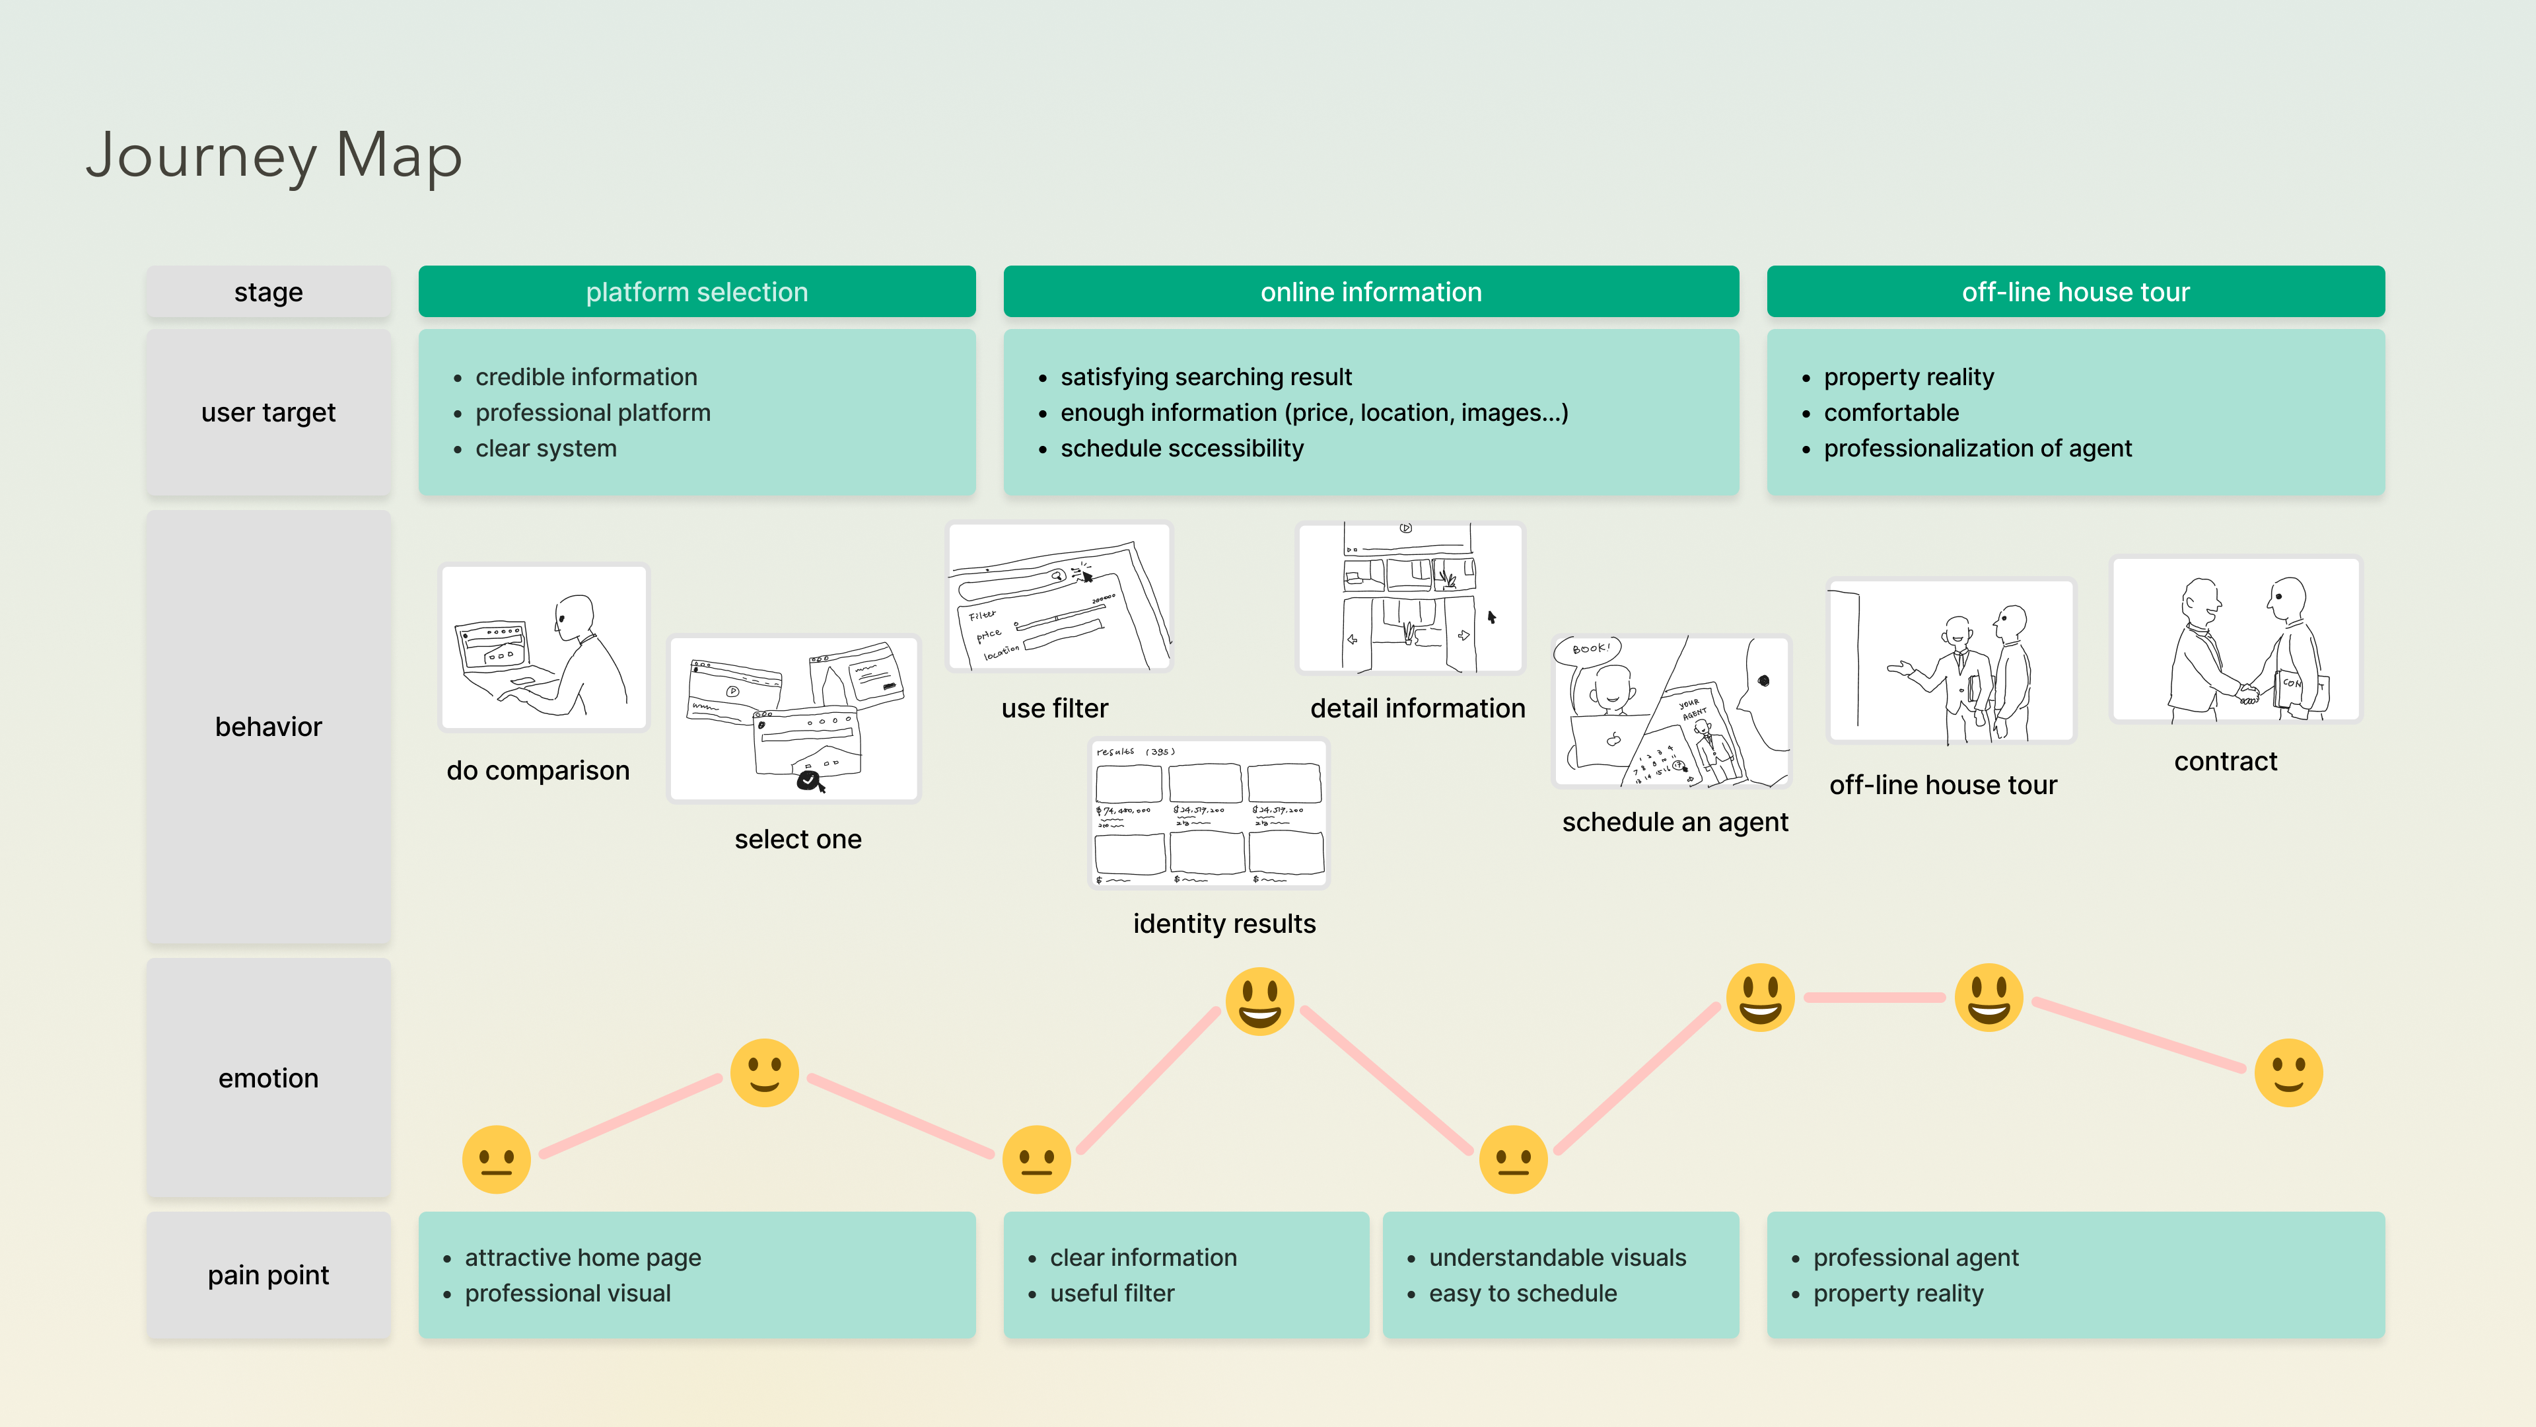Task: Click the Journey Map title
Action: [273, 156]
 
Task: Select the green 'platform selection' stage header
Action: [696, 291]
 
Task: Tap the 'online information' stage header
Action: [1370, 291]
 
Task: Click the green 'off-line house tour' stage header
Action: [2075, 291]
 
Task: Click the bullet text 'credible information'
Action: [586, 377]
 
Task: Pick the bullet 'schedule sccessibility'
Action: [1181, 448]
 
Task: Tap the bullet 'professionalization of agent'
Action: [1977, 448]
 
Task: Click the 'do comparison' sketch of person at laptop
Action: [544, 647]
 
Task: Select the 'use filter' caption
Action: [1055, 708]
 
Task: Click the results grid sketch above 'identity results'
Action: [1209, 813]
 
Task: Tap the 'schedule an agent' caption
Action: [1675, 823]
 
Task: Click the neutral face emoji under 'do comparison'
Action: [496, 1159]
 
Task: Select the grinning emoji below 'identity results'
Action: [1259, 1001]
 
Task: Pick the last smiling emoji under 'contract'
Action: [2288, 1072]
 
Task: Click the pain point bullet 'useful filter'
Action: [1111, 1293]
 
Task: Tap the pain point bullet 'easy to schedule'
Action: [1522, 1293]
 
